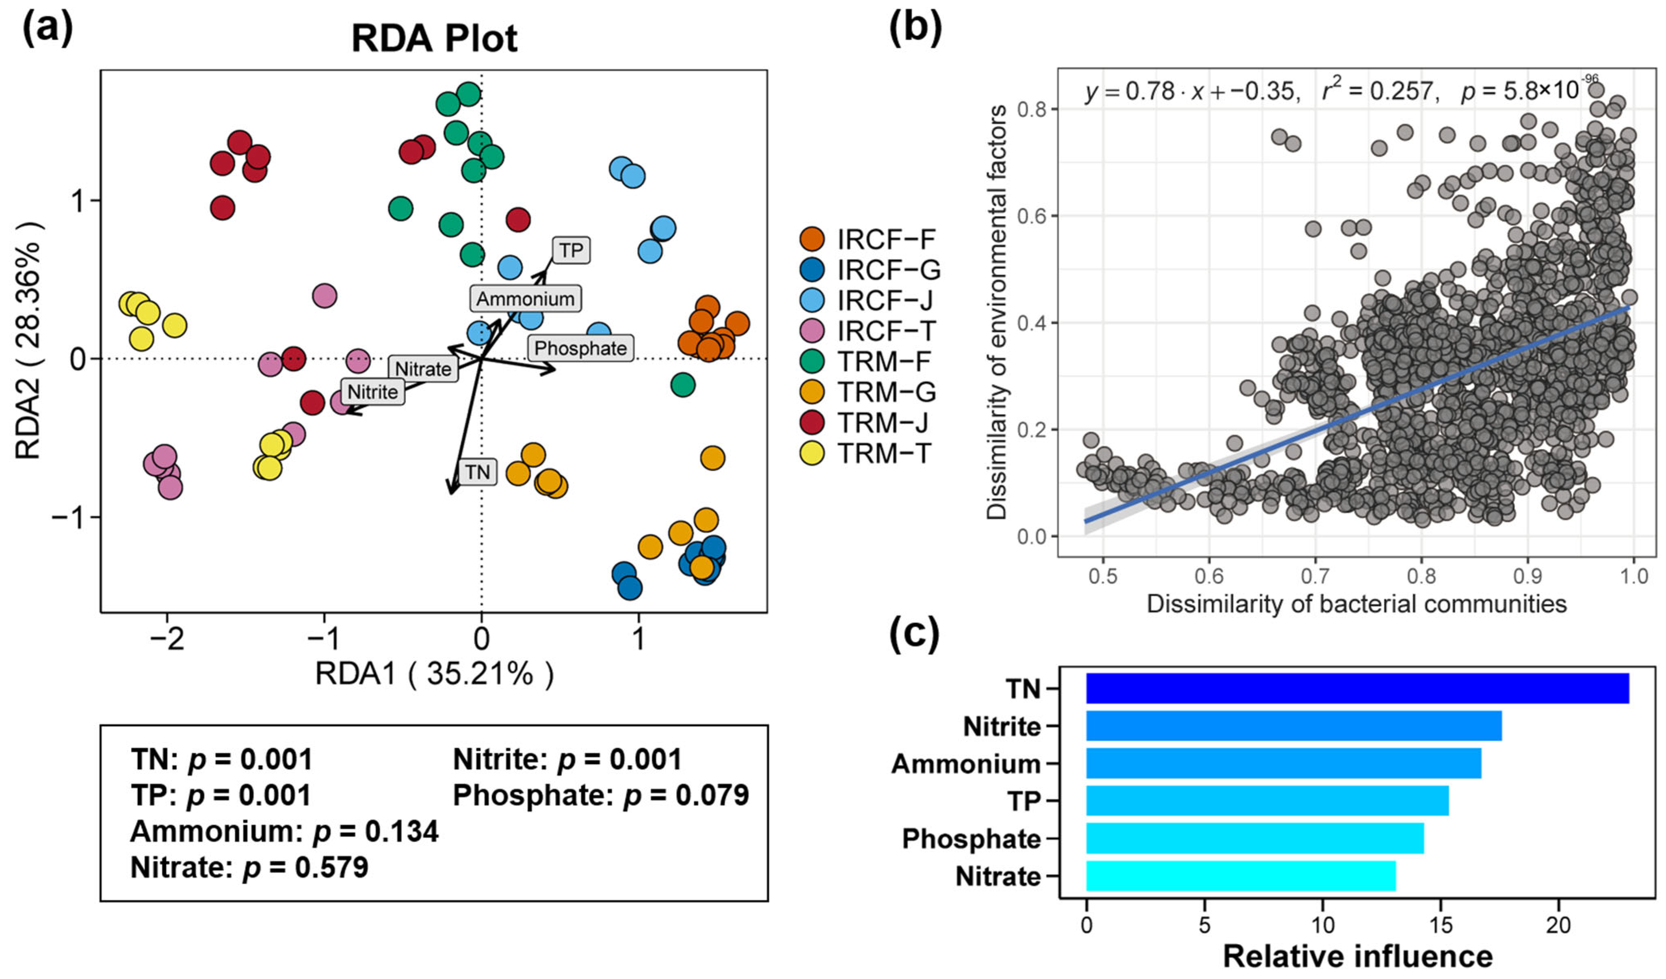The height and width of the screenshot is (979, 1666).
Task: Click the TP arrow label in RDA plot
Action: pos(571,251)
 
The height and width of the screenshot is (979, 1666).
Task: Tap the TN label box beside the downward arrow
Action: pos(477,471)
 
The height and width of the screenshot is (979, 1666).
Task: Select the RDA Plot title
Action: pos(434,38)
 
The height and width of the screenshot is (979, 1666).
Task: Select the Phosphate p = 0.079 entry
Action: pos(600,795)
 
